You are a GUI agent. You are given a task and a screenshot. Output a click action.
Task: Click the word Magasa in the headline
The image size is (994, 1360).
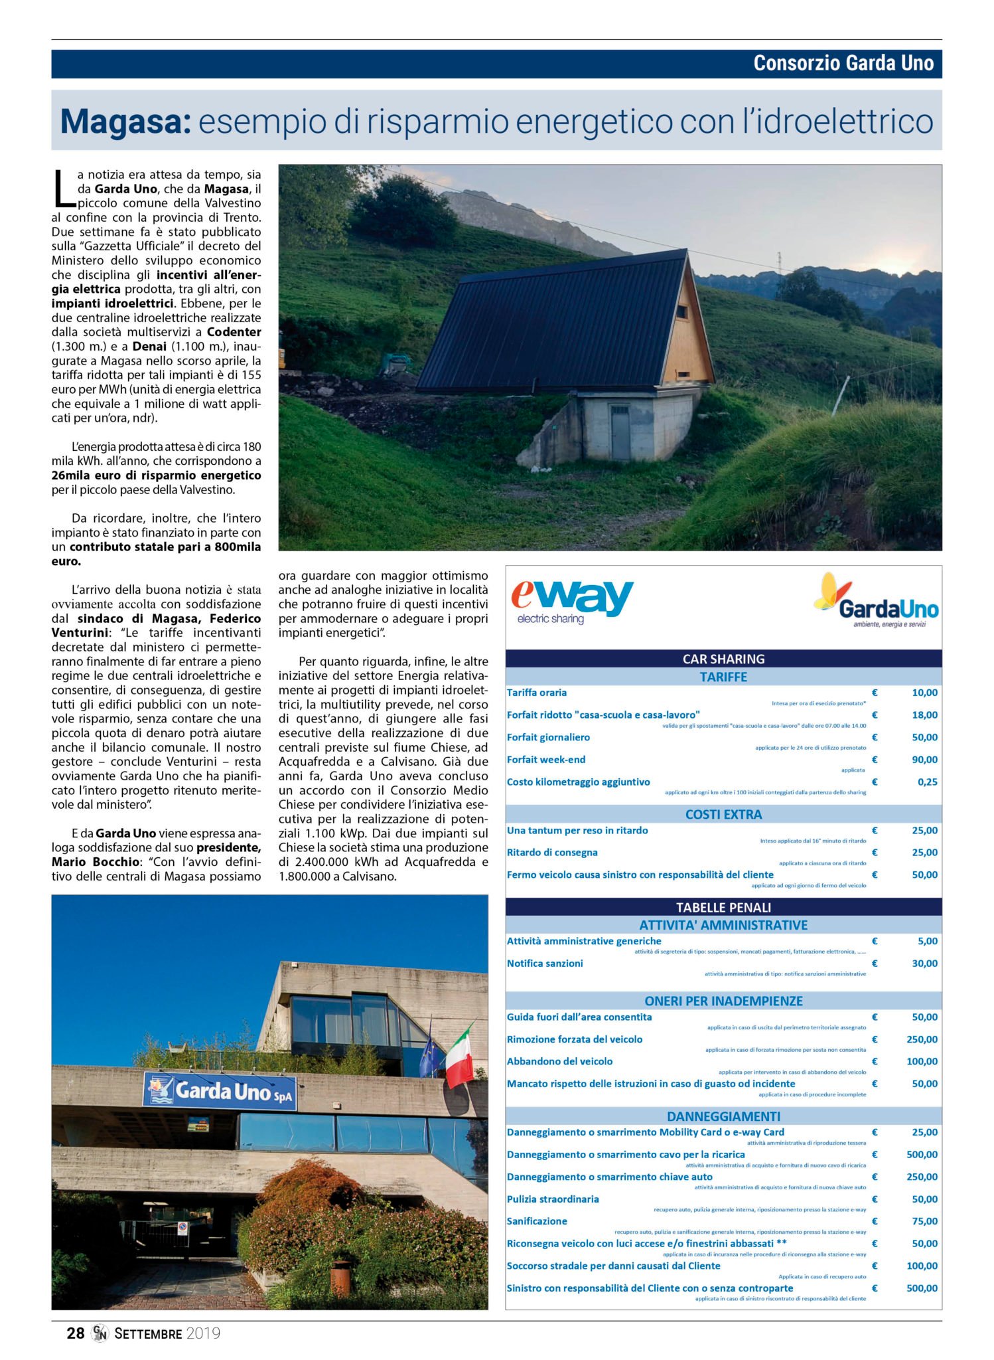tap(125, 122)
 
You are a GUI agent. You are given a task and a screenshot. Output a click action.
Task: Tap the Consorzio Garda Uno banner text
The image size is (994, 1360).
tap(843, 64)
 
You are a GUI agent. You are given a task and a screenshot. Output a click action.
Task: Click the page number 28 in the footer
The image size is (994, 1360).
tap(76, 1333)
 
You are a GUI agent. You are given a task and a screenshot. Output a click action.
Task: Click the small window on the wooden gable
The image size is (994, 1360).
tap(681, 311)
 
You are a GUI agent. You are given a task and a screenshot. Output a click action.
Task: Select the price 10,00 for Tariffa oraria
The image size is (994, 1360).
tap(924, 693)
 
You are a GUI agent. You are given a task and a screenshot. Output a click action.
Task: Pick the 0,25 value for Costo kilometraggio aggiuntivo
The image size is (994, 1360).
tap(927, 782)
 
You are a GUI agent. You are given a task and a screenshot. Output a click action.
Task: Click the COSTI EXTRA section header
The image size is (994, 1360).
tap(723, 814)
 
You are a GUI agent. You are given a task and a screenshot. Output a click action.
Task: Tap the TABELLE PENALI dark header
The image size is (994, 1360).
tap(723, 907)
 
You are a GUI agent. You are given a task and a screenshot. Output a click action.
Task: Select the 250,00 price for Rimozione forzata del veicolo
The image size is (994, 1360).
tap(922, 1039)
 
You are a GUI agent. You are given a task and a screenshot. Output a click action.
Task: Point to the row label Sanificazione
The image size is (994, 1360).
tap(537, 1221)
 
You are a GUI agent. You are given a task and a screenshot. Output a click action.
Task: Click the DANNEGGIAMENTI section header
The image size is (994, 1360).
tap(723, 1116)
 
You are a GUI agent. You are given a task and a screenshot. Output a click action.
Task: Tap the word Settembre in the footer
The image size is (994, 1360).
tap(148, 1333)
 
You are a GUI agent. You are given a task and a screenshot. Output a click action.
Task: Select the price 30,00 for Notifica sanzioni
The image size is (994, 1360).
tap(924, 964)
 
